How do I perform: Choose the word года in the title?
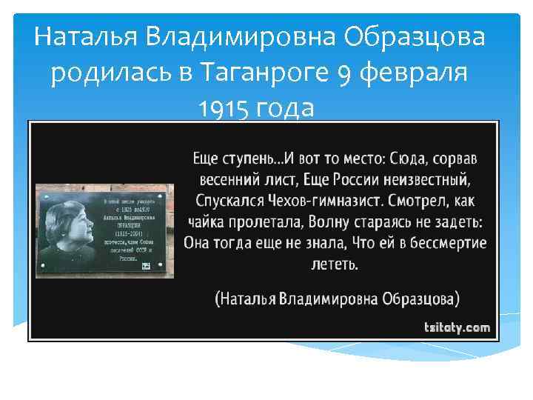(x=285, y=109)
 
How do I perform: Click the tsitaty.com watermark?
(x=457, y=327)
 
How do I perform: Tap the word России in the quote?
(x=350, y=179)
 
